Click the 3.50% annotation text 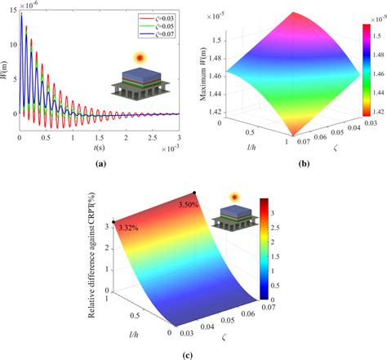tap(189, 206)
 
